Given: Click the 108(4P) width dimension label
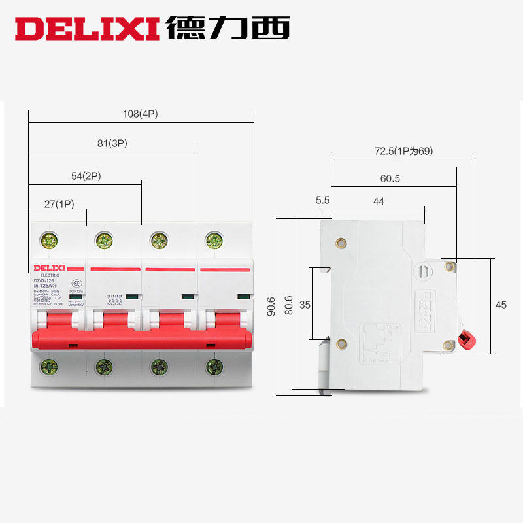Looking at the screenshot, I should point(141,114).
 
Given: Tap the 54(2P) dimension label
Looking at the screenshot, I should point(86,176).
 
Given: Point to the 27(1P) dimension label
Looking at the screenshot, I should point(59,204).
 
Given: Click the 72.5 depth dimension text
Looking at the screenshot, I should point(403,151).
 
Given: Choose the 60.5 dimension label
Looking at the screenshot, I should point(390,178).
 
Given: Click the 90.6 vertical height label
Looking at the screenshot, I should point(271,307).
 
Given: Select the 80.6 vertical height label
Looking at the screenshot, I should point(289,307).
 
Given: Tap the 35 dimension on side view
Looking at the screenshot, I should point(305,305).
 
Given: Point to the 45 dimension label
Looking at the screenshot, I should point(501,305).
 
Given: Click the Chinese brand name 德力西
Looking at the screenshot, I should point(228,27).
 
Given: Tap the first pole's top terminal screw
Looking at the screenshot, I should point(49,241).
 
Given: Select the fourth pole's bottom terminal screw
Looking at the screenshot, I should point(213,366).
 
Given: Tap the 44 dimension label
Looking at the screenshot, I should point(379,202).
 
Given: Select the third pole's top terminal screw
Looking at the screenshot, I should point(158,241).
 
